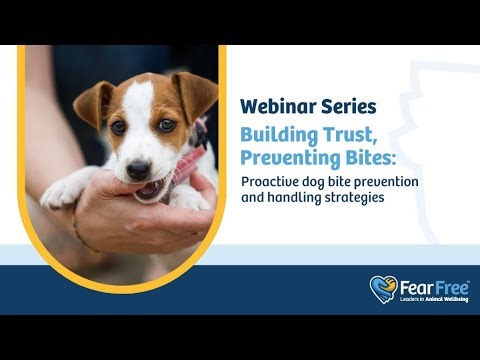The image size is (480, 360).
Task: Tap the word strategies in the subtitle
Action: (x=351, y=198)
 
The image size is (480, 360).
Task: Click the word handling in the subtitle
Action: (x=294, y=198)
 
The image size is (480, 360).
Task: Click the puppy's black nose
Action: (x=138, y=168)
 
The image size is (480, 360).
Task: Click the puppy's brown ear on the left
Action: (x=93, y=103)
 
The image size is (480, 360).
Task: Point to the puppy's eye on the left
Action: (x=119, y=128)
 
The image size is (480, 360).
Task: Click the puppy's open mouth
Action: (x=150, y=187)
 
